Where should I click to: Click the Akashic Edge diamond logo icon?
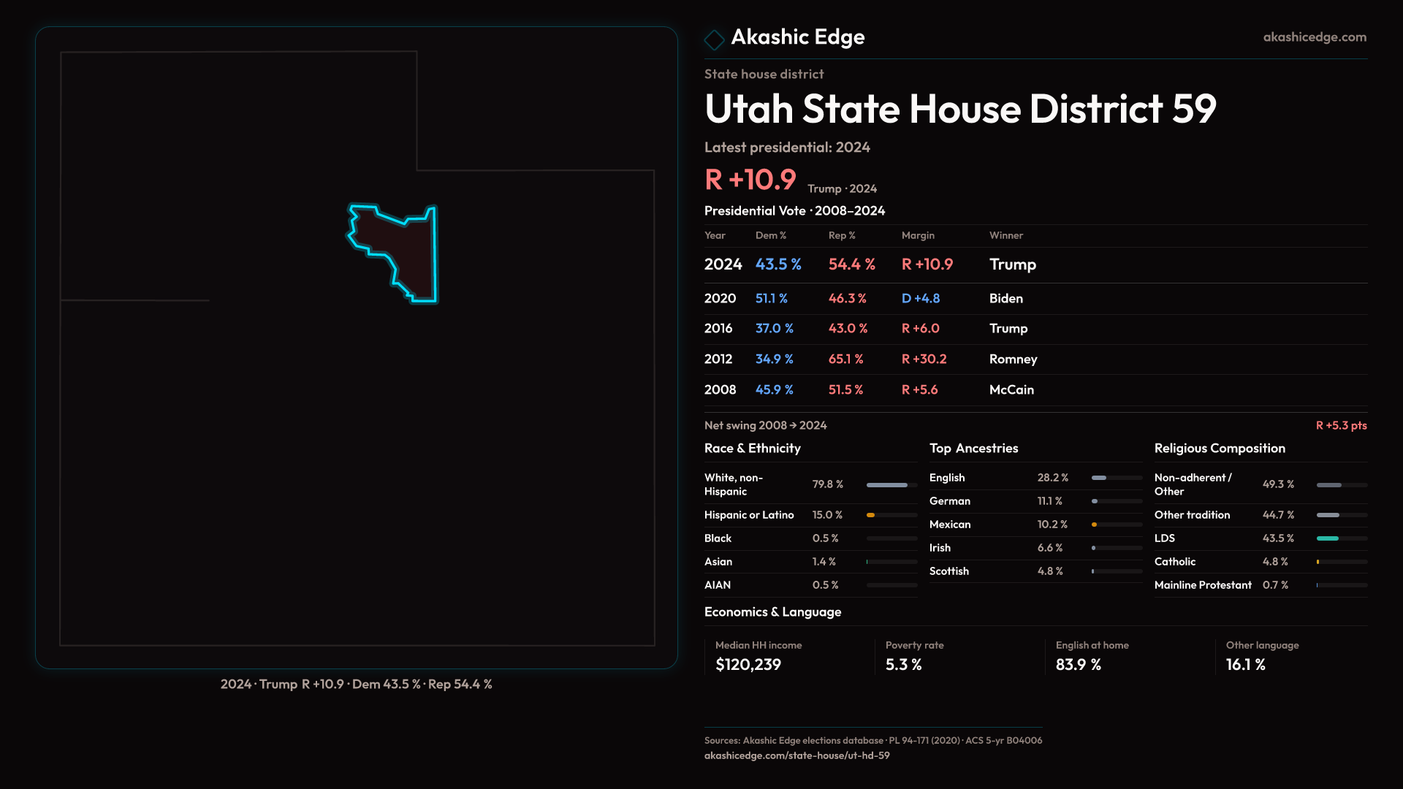click(x=714, y=39)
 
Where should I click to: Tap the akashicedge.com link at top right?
click(x=1314, y=37)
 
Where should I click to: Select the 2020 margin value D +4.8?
click(x=920, y=299)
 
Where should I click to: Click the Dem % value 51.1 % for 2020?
click(x=771, y=299)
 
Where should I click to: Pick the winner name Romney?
click(x=1013, y=359)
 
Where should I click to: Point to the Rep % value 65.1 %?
click(x=845, y=359)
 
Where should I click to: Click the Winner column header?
click(x=1005, y=235)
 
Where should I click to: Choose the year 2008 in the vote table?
click(x=720, y=390)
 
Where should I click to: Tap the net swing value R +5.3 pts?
click(x=1341, y=425)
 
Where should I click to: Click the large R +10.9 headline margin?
click(x=750, y=180)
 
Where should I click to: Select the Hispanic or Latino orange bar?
click(x=870, y=515)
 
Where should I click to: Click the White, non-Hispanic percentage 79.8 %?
click(x=827, y=484)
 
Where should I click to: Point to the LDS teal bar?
click(x=1327, y=538)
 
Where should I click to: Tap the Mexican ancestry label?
click(x=949, y=525)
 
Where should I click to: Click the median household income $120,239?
click(x=748, y=665)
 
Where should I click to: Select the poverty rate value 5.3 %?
click(x=903, y=665)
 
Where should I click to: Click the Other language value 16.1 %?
click(x=1245, y=665)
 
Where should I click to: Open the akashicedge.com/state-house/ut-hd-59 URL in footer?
click(x=796, y=755)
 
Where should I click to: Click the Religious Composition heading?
click(x=1219, y=449)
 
